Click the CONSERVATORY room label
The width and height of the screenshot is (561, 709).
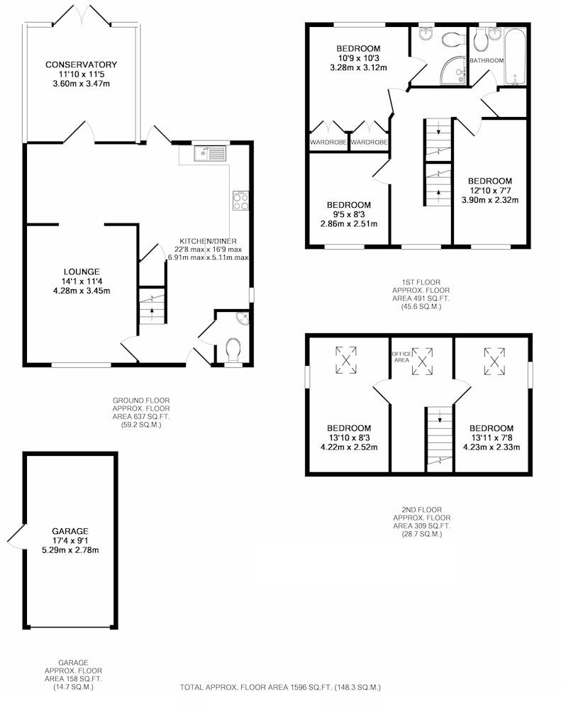tap(81, 65)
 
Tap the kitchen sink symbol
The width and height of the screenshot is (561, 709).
tap(210, 153)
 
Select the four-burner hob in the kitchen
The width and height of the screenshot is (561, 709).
tap(240, 201)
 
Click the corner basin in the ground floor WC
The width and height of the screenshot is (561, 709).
tap(243, 319)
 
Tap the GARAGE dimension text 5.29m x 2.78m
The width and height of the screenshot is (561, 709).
tap(70, 550)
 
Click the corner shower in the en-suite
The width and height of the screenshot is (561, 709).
tap(453, 72)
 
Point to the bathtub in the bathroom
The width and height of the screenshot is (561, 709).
tap(515, 57)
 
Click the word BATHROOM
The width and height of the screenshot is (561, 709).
tap(487, 60)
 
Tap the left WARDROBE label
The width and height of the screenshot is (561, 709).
tap(328, 142)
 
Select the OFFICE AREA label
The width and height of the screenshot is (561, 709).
tap(401, 357)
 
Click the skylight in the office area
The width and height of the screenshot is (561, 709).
tap(423, 362)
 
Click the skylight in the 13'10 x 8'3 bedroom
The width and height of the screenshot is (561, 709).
tap(346, 360)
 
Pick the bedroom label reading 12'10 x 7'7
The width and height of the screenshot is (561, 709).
tap(490, 190)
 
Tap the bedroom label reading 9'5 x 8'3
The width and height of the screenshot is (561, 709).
tap(349, 214)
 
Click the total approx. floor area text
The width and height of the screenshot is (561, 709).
tap(281, 687)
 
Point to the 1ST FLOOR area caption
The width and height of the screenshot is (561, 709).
tap(421, 294)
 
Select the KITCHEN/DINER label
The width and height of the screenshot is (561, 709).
tap(208, 242)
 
